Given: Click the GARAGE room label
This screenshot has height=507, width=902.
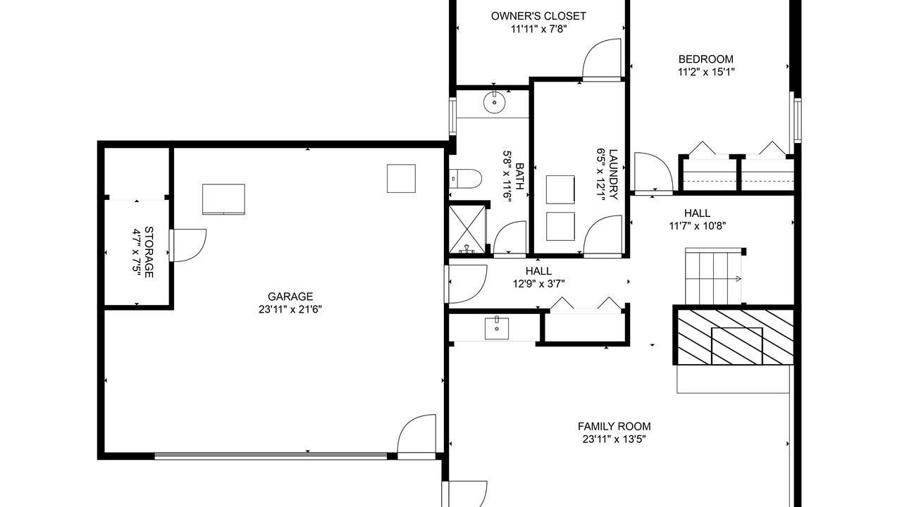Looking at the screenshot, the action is point(290,296).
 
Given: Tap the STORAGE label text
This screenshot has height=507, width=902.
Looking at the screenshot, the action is point(149,252).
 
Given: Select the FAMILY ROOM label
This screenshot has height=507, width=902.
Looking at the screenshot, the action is point(614,427).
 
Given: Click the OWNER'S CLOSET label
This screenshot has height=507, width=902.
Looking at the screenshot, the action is point(538,16).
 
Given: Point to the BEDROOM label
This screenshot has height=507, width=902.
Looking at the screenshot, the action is point(706,59).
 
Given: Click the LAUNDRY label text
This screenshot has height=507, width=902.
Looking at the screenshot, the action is point(613,174).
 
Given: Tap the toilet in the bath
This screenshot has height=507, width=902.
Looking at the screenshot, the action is point(466,179).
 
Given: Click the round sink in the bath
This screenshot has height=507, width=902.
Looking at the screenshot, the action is point(494,102).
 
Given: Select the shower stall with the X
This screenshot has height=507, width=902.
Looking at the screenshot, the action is point(467,229).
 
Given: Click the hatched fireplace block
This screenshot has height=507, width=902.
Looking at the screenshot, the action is point(736,337).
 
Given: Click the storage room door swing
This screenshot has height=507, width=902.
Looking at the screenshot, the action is point(188,246).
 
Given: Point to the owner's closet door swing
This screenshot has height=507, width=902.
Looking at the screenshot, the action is point(602,58).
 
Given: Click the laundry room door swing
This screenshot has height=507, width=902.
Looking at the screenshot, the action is point(603,235).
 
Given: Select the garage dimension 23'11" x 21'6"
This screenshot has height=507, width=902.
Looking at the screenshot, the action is point(290,309).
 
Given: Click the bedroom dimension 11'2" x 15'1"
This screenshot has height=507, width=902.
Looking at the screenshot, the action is point(706,72).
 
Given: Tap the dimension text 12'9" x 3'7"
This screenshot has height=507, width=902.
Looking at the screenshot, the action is point(539,284).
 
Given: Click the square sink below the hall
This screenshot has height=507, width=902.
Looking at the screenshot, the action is point(497,328).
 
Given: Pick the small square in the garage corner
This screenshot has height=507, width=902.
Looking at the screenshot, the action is point(401,178).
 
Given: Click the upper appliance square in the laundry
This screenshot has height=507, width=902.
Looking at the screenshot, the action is point(560,189).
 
